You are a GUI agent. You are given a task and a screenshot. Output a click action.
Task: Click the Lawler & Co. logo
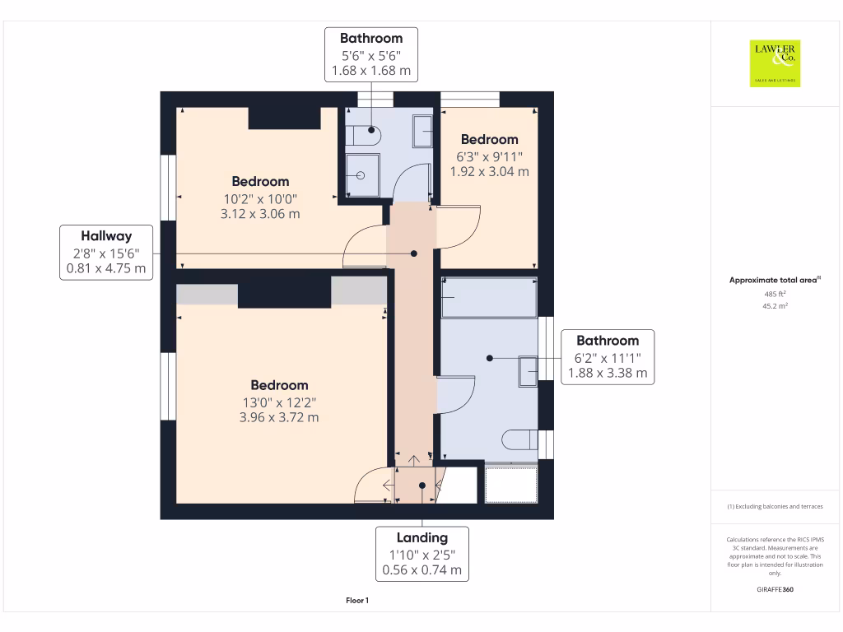coord(775,63)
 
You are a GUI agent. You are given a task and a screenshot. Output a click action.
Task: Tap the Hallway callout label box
coord(106,253)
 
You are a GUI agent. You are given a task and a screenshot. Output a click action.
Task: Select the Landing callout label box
coord(422,554)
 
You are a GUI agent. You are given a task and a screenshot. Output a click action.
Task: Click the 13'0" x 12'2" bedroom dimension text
coord(279,402)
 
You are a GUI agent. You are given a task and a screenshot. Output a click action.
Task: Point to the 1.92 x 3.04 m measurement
coord(489,171)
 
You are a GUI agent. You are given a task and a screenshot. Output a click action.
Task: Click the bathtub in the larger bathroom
coord(489,298)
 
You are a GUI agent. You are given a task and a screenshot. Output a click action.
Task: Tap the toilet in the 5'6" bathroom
coord(363,136)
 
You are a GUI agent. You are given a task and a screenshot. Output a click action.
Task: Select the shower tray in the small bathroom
coord(362,175)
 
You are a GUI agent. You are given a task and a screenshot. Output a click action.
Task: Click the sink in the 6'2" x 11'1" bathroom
coord(528,371)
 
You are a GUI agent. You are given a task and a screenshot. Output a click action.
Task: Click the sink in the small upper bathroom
coord(422,131)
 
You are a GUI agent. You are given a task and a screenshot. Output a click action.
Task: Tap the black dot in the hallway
coord(414,253)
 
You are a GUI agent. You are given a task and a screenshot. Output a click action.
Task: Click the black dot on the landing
coord(422,486)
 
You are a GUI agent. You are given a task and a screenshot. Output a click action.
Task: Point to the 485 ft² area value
coord(775,294)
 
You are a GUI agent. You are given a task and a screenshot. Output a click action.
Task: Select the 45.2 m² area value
coord(775,306)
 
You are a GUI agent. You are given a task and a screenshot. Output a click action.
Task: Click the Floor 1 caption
coord(357,600)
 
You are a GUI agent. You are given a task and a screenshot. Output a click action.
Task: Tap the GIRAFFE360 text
coord(775,589)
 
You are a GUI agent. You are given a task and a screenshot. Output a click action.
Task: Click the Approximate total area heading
coord(775,280)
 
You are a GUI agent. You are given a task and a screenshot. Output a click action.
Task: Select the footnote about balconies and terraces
coord(775,506)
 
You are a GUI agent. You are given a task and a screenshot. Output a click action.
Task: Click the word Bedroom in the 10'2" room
coord(260,182)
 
